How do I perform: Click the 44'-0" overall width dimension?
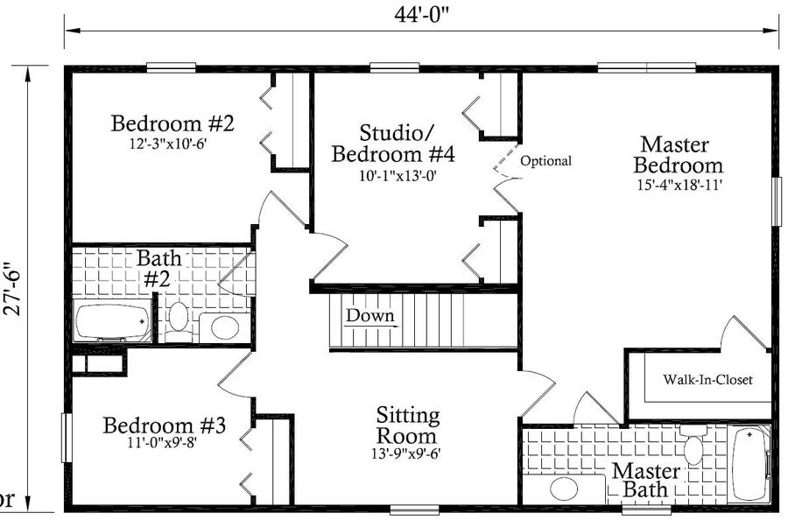420,15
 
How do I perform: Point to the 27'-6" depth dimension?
11,288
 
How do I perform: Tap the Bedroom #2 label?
172,123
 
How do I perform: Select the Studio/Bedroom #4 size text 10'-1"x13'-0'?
393,176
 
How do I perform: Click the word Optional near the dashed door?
545,161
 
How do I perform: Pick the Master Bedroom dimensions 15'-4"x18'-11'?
679,185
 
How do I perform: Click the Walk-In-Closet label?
707,379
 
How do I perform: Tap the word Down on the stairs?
369,315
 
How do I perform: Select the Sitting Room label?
407,425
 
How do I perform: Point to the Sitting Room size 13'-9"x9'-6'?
406,453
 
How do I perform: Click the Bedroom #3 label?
165,425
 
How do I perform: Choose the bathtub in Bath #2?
113,321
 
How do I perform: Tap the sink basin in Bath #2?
225,327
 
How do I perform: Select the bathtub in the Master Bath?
749,463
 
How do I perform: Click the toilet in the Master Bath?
693,444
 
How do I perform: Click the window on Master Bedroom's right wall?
777,201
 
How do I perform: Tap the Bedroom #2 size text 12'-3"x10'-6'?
168,144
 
